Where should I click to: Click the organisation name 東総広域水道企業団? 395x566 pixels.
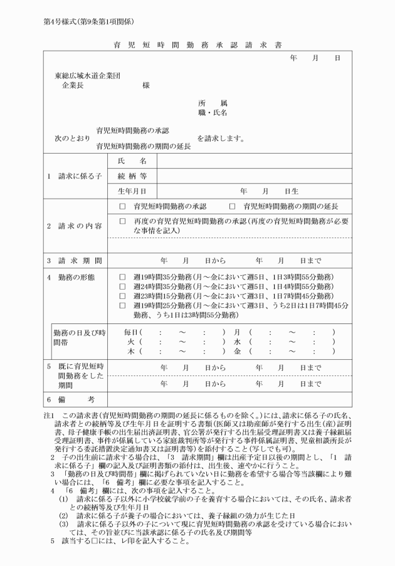pos(87,76)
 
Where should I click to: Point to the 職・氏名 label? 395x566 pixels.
pos(213,113)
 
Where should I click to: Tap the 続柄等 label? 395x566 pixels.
pos(132,176)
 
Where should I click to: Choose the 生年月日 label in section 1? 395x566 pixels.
pos(132,191)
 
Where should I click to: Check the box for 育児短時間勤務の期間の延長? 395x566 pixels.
pos(232,206)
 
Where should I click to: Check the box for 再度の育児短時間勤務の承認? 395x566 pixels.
pos(122,221)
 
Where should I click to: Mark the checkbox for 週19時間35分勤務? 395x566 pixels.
pos(122,276)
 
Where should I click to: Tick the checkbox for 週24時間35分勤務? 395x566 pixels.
pos(122,286)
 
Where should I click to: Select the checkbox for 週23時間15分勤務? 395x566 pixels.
pos(122,295)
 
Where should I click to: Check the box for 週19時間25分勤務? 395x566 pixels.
pos(122,305)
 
